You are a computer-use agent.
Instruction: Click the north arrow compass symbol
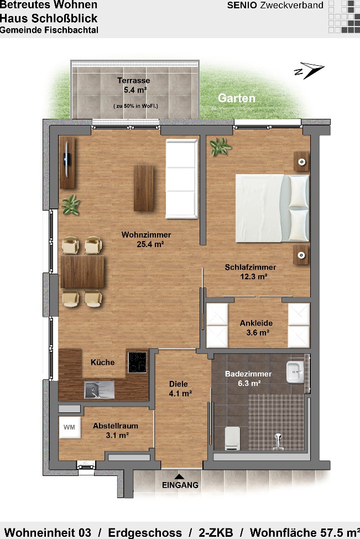(309, 70)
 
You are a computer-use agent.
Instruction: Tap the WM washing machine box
(70, 427)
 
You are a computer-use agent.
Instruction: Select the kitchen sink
(100, 390)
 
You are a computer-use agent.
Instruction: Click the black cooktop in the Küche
(138, 362)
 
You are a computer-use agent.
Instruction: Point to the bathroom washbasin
(295, 372)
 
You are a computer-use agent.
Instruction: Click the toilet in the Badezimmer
(232, 438)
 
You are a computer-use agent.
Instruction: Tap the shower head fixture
(278, 441)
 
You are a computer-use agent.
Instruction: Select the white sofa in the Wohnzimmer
(182, 179)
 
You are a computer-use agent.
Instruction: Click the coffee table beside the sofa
(144, 188)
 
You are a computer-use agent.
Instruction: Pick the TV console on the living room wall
(67, 162)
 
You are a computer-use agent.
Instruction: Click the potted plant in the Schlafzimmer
(220, 147)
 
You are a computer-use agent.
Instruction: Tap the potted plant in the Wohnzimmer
(71, 205)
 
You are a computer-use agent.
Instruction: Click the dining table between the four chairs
(82, 271)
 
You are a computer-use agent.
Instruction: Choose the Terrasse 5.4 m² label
(134, 85)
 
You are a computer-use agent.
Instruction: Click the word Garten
(237, 98)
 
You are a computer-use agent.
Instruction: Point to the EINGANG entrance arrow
(179, 477)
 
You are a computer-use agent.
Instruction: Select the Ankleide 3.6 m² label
(257, 328)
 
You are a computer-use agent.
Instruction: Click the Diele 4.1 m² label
(180, 389)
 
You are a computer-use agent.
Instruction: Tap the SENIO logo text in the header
(242, 5)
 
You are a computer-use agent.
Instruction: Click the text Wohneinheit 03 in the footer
(48, 532)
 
